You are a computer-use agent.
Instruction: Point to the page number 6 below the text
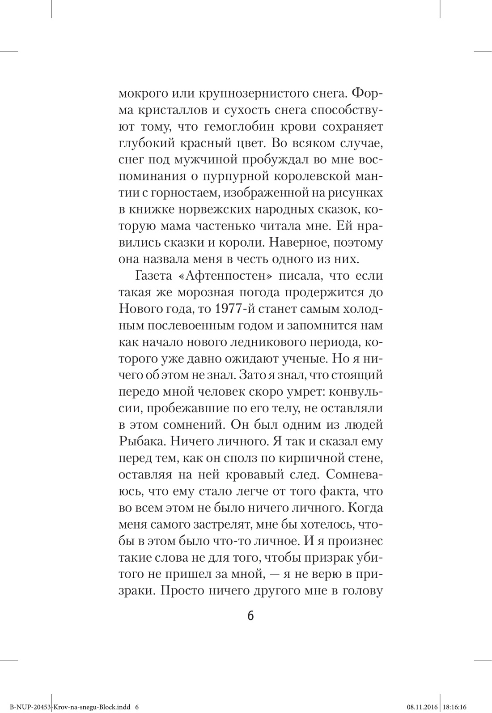click(250, 616)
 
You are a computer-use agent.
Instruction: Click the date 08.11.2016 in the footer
click(422, 708)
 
